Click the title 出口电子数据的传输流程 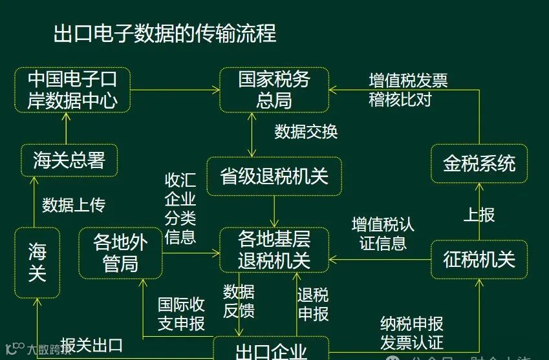coord(165,33)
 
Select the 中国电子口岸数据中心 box coord(72,90)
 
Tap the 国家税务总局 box coord(274,90)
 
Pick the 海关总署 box coord(69,160)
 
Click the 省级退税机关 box coord(274,176)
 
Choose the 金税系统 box coord(479,164)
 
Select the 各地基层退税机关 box coord(274,250)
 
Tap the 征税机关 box coord(479,259)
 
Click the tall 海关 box coord(38,262)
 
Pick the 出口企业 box coord(271,351)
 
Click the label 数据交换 coord(306,131)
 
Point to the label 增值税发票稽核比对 coord(408,90)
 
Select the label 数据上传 coord(73,205)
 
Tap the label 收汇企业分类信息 coord(180,208)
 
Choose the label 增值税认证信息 coord(383,233)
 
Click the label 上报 coord(479,214)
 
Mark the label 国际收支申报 coord(181,313)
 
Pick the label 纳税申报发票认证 coord(412,332)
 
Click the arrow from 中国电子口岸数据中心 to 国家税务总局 coord(175,90)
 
